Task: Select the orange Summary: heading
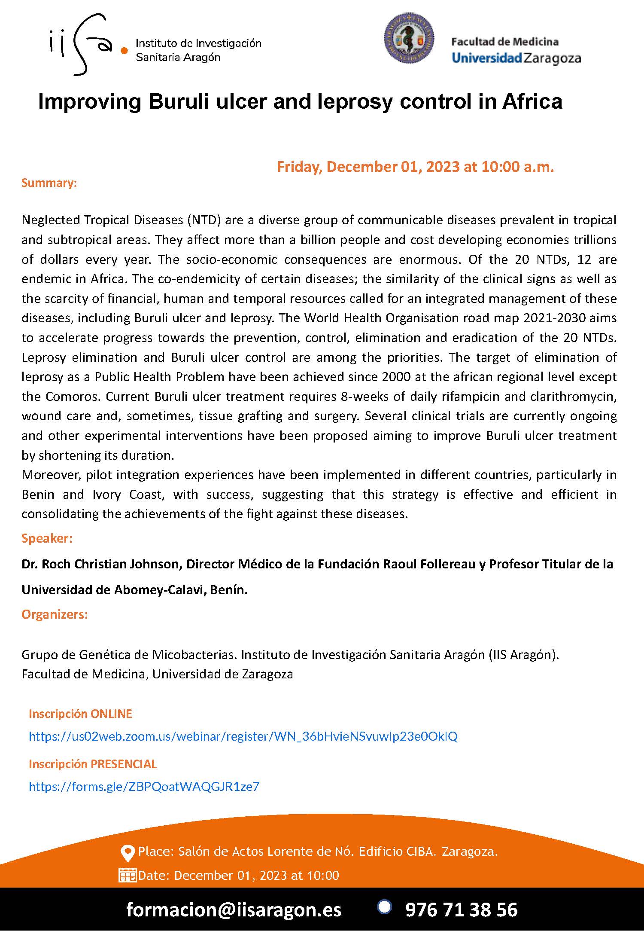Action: pos(49,183)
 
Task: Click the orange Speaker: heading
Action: pos(47,538)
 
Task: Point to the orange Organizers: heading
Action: pos(55,614)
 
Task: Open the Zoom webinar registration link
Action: pos(243,736)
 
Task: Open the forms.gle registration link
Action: pos(144,787)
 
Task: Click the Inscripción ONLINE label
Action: pos(80,714)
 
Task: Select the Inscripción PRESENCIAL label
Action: pos(93,764)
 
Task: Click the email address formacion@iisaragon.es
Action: pos(234,910)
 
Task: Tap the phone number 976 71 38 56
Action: pos(461,910)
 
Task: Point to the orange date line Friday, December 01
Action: pos(415,167)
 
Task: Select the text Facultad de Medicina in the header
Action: pos(504,42)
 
